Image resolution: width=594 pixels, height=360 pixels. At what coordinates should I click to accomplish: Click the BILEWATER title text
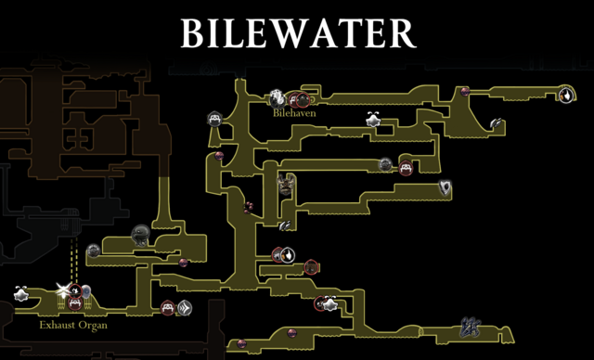297,33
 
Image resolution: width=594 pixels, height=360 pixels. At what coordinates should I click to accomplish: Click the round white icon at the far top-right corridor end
565,93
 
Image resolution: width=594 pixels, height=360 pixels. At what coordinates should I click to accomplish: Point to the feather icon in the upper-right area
497,122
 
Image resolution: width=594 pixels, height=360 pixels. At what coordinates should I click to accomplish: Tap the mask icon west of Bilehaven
213,120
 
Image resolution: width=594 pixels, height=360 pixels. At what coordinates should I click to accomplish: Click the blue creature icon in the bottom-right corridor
469,327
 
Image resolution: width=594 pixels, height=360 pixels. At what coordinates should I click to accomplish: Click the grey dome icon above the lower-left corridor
141,233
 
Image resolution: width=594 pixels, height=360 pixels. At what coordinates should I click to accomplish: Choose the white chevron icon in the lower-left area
186,307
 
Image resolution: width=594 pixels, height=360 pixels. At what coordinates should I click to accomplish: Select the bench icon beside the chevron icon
168,307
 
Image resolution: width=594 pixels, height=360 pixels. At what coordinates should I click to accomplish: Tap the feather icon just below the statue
285,225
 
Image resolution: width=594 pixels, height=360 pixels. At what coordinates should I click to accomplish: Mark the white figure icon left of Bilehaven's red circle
277,96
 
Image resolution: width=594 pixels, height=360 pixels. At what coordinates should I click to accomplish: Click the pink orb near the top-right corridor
465,91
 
